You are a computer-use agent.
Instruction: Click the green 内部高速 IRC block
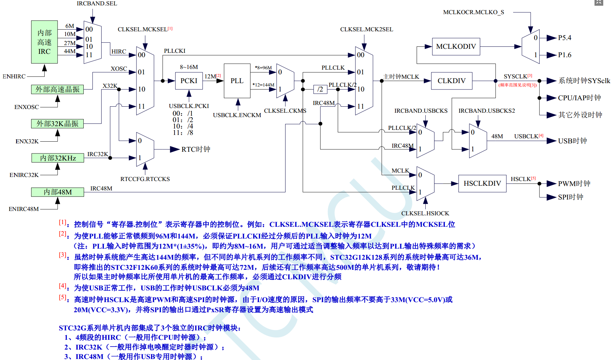tap(44, 42)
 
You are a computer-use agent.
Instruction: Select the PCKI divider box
tap(189, 81)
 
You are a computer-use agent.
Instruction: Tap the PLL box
tap(237, 81)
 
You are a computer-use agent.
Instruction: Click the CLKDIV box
tap(451, 81)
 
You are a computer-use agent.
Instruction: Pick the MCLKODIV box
tap(456, 46)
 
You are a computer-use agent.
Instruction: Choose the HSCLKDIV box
tap(482, 183)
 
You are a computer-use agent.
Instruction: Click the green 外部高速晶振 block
tap(58, 89)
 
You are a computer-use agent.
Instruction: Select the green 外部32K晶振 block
tap(58, 124)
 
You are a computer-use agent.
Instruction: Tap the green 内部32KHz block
tap(58, 158)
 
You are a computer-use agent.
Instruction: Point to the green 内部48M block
tap(58, 192)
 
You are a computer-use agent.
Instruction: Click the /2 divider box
tap(320, 89)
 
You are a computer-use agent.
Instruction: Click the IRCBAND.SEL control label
tap(97, 4)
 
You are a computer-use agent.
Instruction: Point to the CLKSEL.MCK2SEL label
tap(367, 30)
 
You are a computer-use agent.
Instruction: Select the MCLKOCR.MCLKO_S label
tap(473, 12)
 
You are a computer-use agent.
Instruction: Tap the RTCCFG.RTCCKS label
tap(145, 179)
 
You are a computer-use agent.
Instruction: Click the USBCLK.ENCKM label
tap(237, 115)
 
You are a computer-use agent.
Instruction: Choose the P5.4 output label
tap(565, 38)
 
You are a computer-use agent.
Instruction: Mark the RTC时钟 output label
tap(196, 149)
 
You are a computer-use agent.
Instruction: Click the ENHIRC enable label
tap(14, 77)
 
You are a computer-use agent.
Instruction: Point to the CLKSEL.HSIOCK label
tap(425, 213)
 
